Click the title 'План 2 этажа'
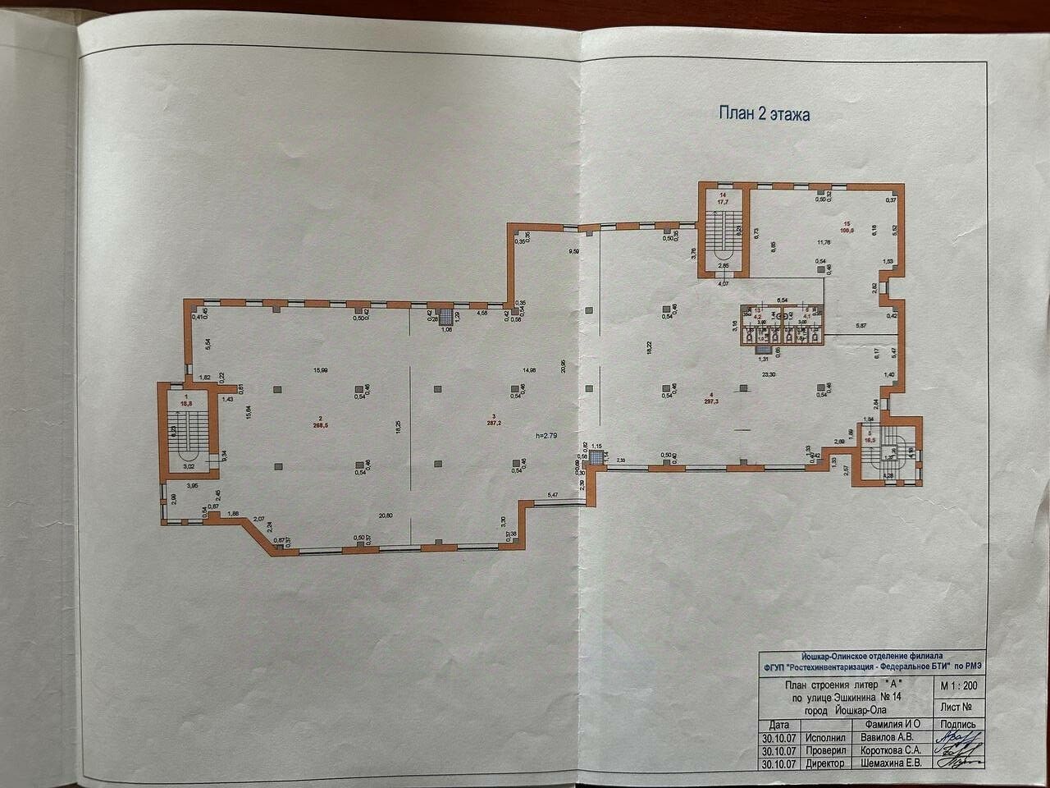point(764,114)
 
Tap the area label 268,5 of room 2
point(319,425)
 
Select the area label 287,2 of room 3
point(492,427)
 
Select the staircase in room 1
point(188,431)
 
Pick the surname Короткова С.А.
point(889,749)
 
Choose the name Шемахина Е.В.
point(889,763)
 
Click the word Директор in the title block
point(824,763)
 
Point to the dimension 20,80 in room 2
point(386,515)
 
